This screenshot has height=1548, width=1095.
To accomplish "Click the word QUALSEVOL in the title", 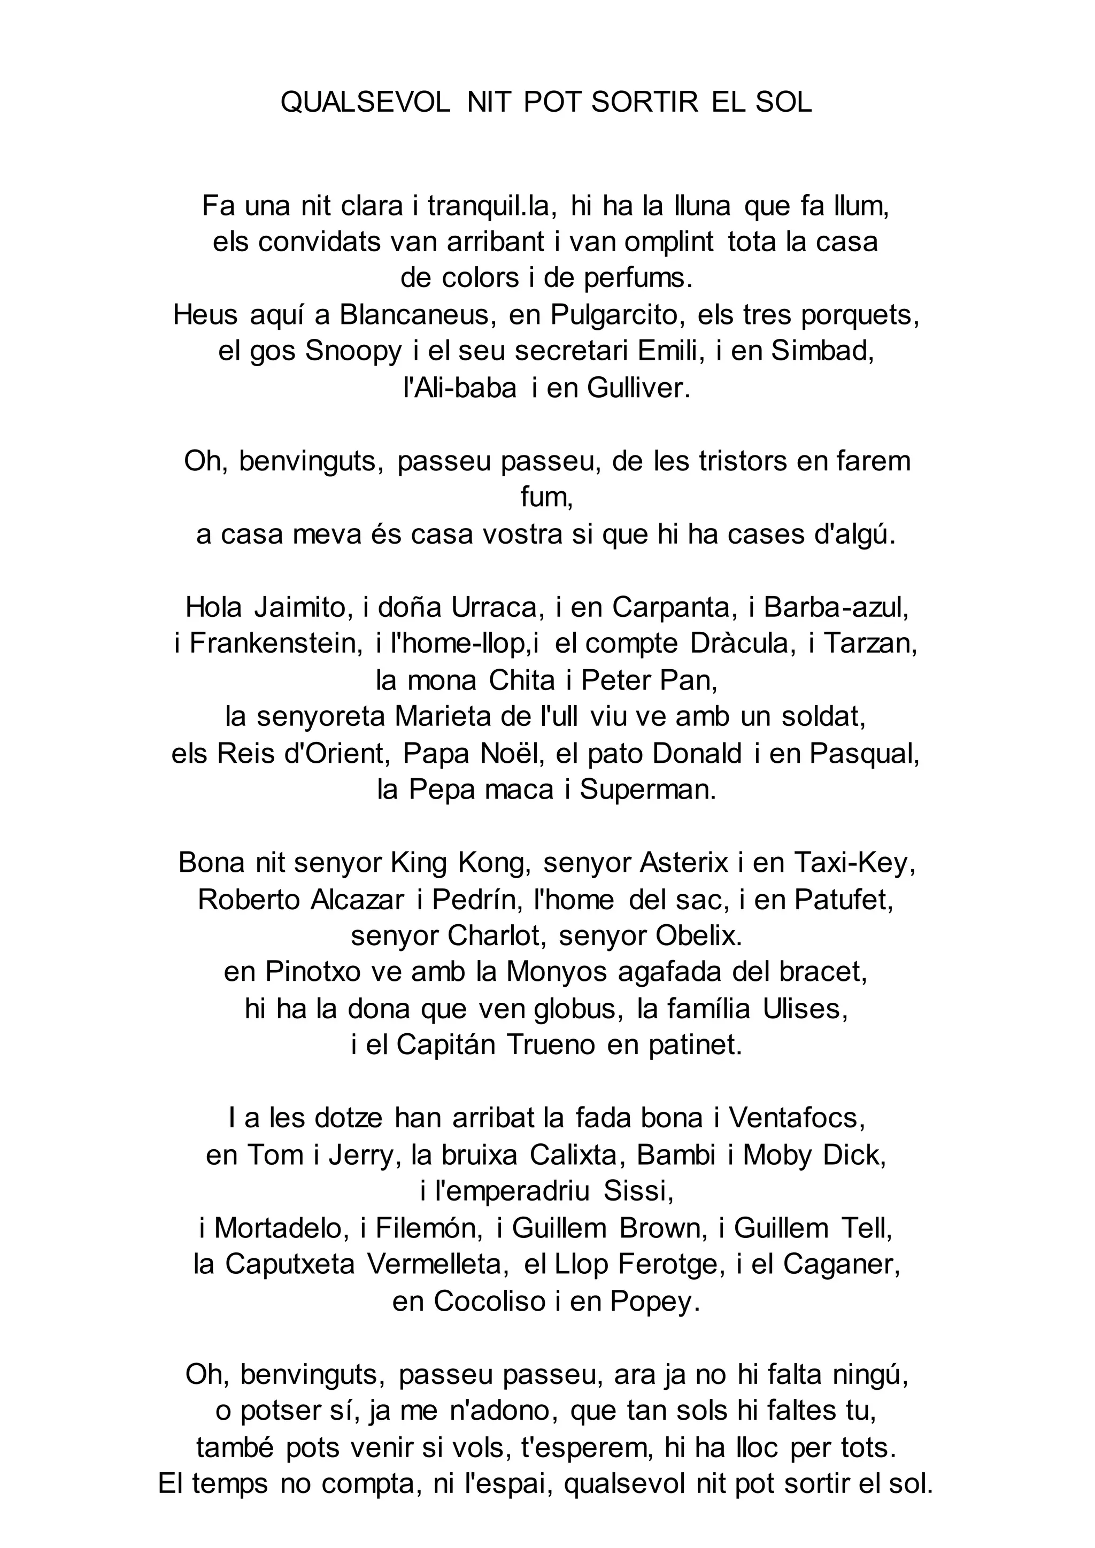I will pyautogui.click(x=366, y=103).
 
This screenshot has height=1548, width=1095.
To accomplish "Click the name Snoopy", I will pyautogui.click(x=353, y=351).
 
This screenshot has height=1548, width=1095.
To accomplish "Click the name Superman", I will pyautogui.click(x=647, y=790).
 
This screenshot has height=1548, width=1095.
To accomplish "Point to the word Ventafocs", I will pyautogui.click(x=796, y=1118).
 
